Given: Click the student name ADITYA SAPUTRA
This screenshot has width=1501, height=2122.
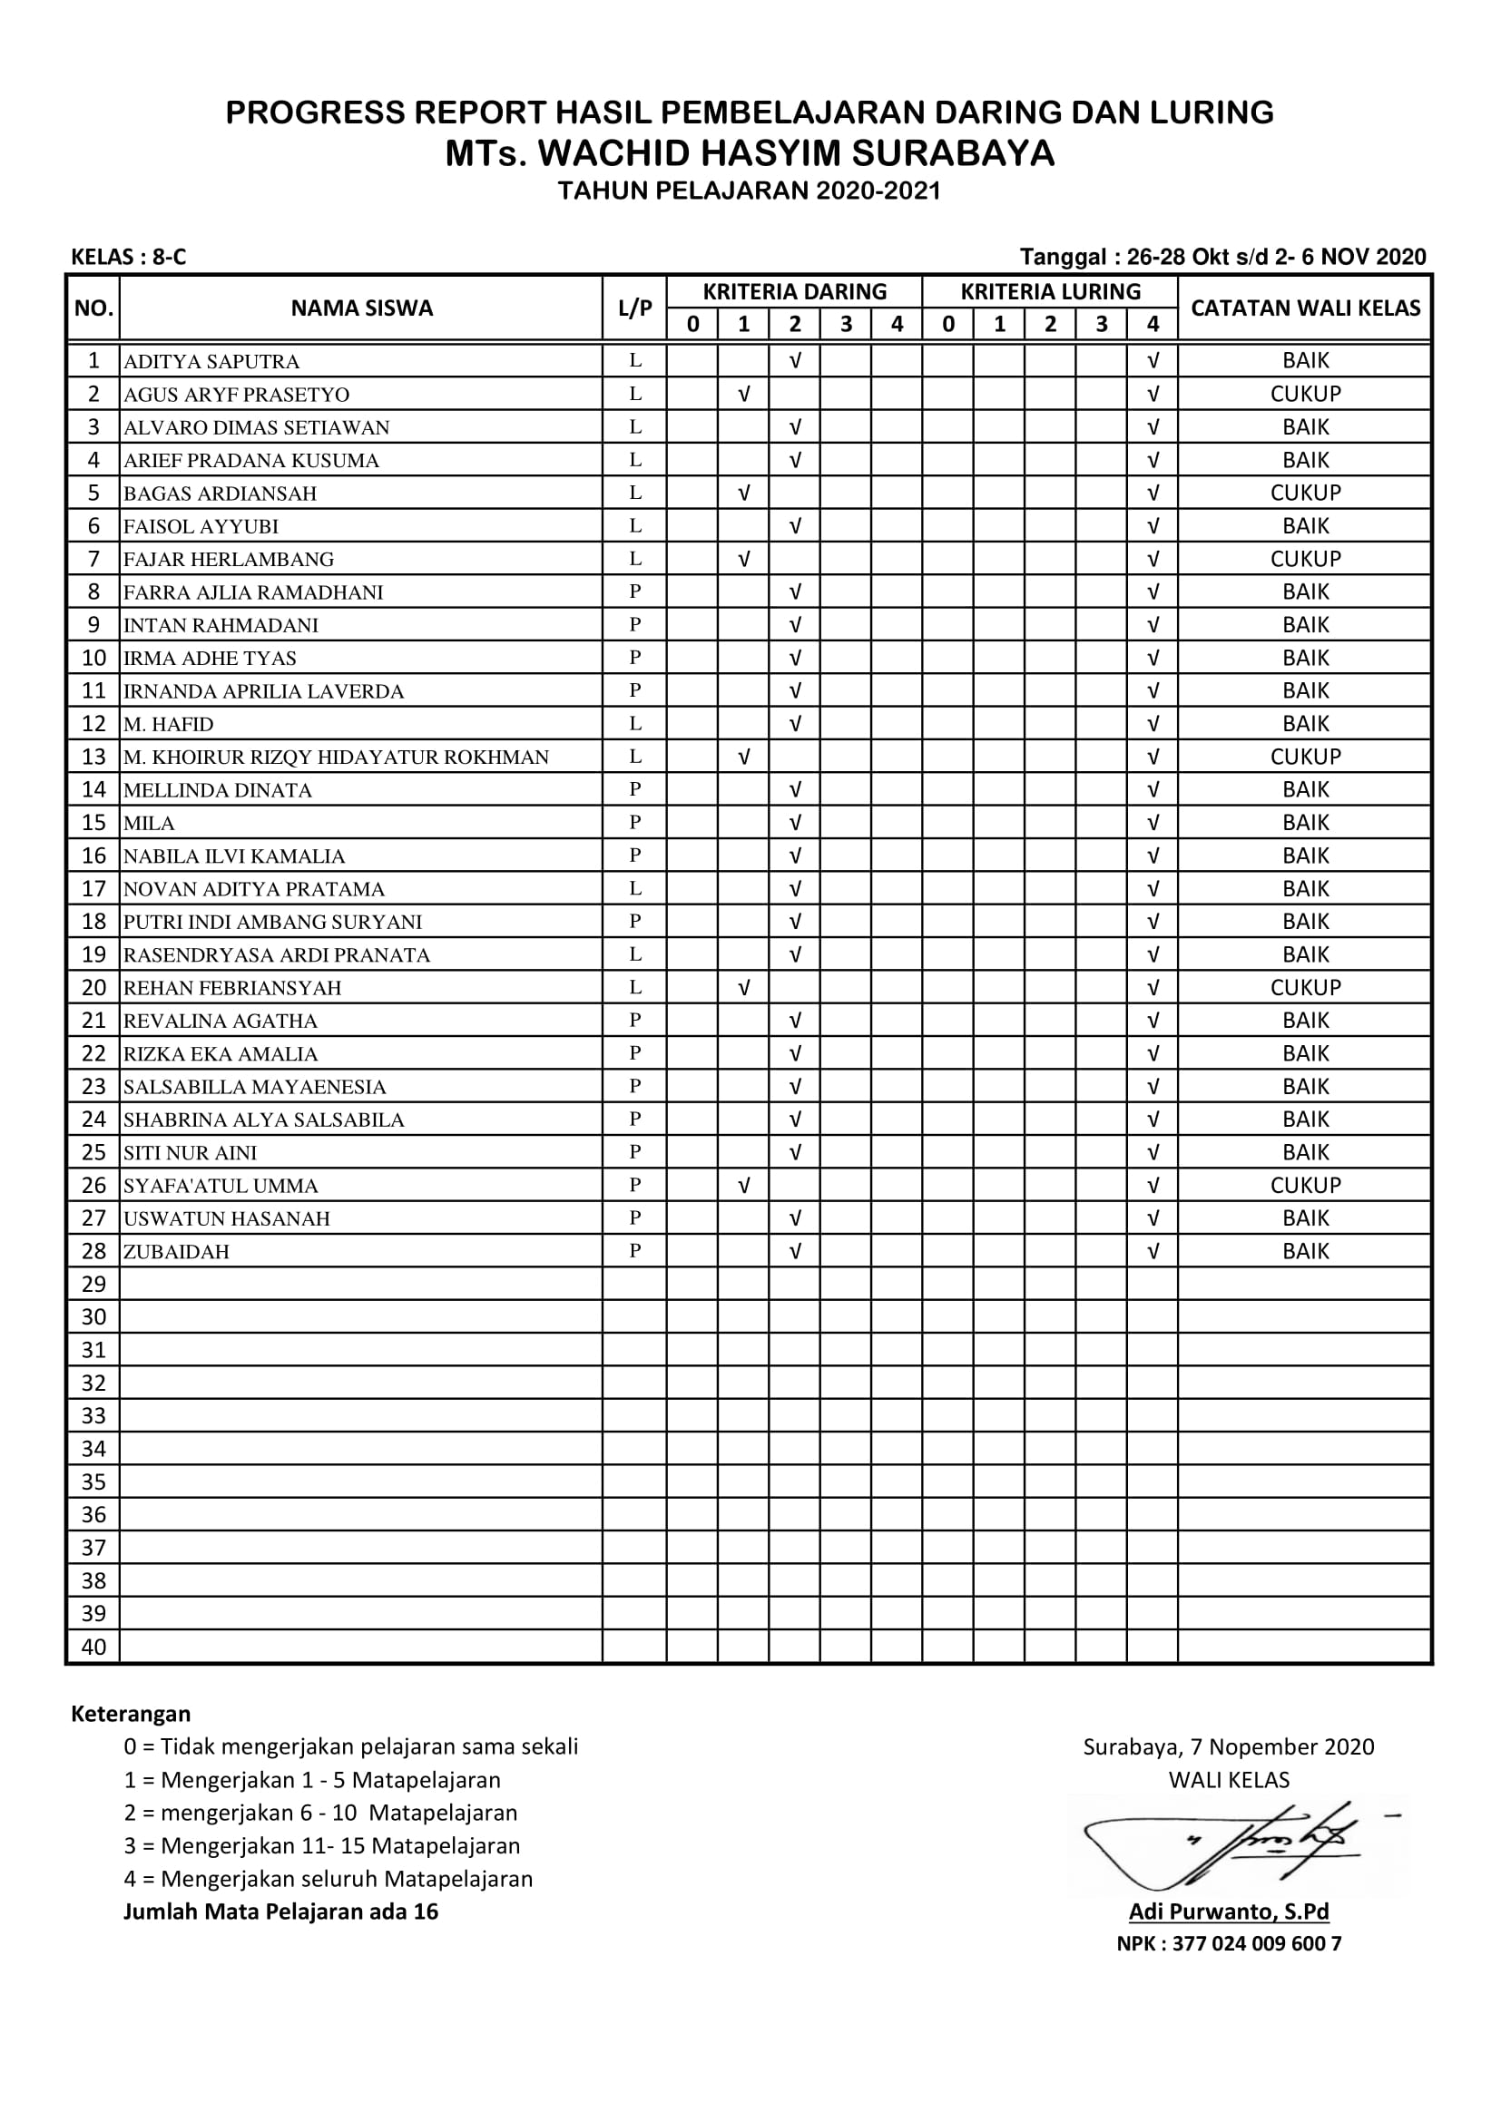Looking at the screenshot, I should coord(211,361).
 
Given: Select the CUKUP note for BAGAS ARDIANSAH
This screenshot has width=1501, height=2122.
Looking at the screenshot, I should coord(1304,493).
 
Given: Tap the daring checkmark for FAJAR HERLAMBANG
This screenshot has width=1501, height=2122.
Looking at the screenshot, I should coord(743,559).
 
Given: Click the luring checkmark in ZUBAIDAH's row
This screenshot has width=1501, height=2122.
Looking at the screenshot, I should coord(1152,1251).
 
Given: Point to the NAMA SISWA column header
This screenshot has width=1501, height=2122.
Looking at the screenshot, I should coord(361,308).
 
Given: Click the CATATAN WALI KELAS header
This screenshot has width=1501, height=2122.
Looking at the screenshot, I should coord(1304,308).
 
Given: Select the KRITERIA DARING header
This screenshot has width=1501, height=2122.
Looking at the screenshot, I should coord(794,292).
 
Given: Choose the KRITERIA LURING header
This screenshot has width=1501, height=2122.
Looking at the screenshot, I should coord(1050,292).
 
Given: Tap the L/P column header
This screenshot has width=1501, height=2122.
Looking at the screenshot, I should coord(635,308).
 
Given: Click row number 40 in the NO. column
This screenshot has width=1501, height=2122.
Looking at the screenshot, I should coord(93,1647).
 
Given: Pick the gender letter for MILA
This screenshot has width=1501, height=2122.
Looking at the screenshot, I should coord(635,823).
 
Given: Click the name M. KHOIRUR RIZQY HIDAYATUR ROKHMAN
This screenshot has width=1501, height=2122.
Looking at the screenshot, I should coord(337,758).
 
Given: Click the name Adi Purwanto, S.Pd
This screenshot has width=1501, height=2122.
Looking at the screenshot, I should coord(1229,1912).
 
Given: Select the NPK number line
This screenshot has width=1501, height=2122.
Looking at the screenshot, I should coord(1229,1943).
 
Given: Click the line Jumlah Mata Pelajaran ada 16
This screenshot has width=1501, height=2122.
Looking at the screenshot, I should coord(281,1912).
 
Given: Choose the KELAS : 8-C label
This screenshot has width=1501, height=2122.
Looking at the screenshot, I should coord(129,257).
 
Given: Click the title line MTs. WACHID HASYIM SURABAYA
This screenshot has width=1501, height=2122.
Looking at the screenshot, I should coord(750,153).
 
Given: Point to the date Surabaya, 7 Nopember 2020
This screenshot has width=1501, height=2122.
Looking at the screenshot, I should coord(1229,1746).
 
